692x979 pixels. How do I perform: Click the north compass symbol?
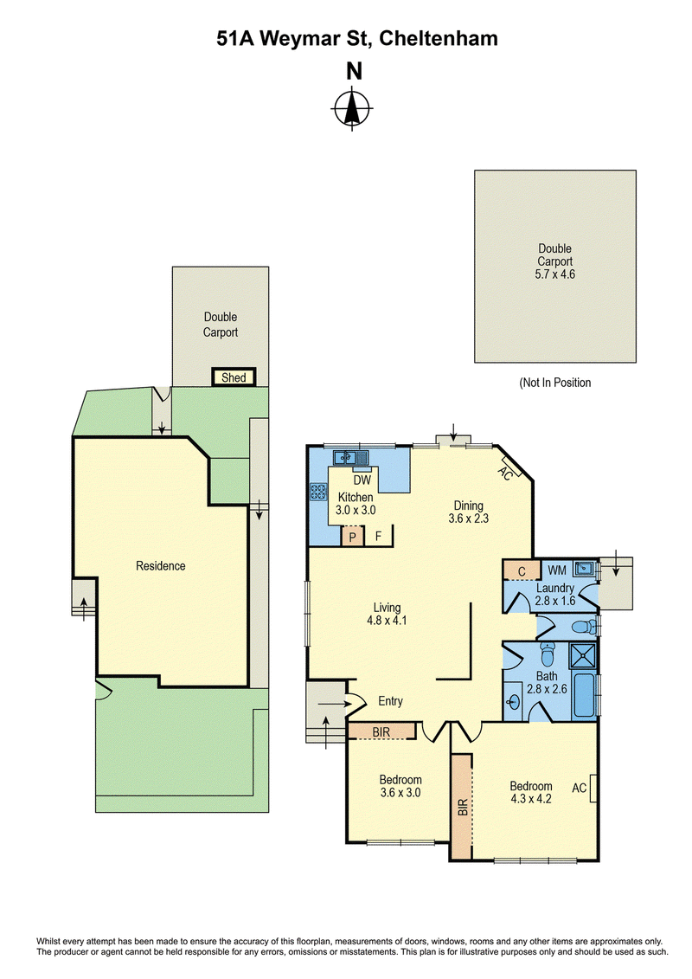(352, 109)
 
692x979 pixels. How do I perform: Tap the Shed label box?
(234, 377)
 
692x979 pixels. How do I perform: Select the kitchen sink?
(350, 458)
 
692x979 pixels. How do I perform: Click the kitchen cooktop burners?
(318, 492)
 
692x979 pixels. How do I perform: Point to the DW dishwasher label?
(362, 480)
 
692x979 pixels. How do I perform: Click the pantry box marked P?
(353, 537)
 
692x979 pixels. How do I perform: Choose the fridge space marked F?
(378, 537)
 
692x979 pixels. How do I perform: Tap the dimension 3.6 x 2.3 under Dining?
(469, 518)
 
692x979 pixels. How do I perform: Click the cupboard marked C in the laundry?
(522, 570)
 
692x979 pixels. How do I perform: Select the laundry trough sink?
(584, 569)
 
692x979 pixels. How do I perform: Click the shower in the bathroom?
(583, 657)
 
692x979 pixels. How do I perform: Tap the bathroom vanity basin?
(513, 703)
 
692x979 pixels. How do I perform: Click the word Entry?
(391, 701)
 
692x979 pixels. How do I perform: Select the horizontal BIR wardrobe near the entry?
(381, 731)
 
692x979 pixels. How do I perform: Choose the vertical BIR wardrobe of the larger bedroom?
(462, 806)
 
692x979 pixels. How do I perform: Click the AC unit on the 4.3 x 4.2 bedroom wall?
(593, 788)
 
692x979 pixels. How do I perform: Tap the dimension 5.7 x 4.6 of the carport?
(554, 274)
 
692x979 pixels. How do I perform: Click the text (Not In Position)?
(555, 383)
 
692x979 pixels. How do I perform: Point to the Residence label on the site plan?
(160, 565)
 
